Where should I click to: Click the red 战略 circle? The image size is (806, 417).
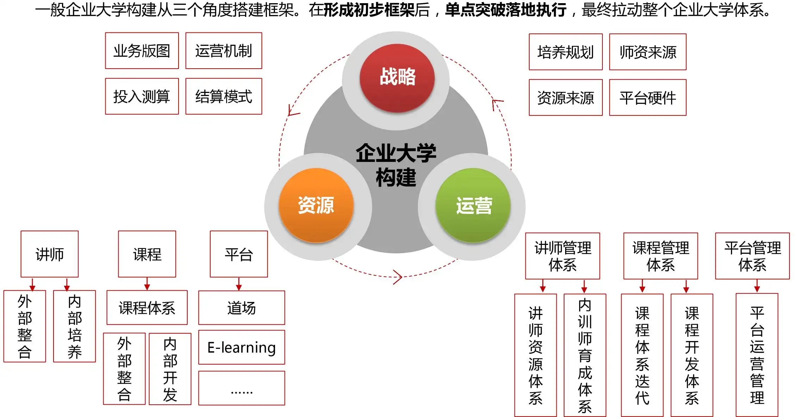click(397, 78)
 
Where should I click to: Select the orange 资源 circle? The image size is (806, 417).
click(316, 206)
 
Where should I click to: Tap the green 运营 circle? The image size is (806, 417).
click(473, 206)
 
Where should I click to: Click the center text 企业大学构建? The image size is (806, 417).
click(396, 165)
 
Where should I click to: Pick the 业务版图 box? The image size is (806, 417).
click(142, 51)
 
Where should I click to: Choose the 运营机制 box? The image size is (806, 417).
click(224, 51)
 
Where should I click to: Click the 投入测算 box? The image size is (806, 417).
click(142, 96)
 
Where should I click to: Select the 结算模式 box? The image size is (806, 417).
click(224, 96)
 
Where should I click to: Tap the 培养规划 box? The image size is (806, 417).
click(566, 52)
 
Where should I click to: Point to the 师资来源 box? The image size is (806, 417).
click(648, 52)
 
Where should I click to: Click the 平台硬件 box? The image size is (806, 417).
click(648, 98)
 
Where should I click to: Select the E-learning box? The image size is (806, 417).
click(242, 347)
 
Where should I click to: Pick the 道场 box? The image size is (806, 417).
click(242, 308)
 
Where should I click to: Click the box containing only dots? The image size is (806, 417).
click(242, 388)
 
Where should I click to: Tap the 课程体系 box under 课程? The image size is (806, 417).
click(147, 308)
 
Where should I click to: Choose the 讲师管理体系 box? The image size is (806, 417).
click(562, 256)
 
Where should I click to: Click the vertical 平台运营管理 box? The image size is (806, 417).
click(757, 355)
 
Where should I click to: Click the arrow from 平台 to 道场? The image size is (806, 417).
click(239, 284)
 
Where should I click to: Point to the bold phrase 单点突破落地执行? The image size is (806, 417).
click(506, 10)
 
